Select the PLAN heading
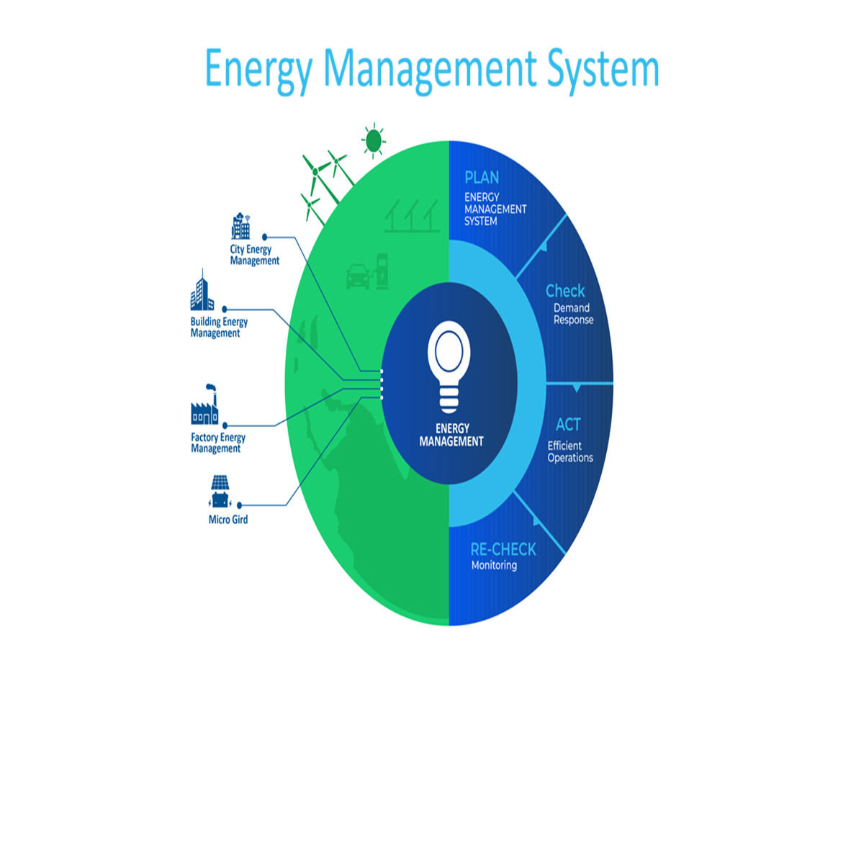pyautogui.click(x=482, y=177)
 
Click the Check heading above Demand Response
pyautogui.click(x=565, y=291)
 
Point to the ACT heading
pyautogui.click(x=568, y=424)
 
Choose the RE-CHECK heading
pyautogui.click(x=503, y=549)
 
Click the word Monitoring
pyautogui.click(x=494, y=565)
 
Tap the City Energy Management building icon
pyautogui.click(x=240, y=226)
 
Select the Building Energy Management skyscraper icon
pyautogui.click(x=202, y=290)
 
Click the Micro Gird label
pyautogui.click(x=228, y=519)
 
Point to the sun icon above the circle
pyautogui.click(x=374, y=141)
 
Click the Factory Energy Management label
pyautogui.click(x=218, y=443)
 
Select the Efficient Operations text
pyautogui.click(x=570, y=451)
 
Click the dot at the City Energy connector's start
pyautogui.click(x=265, y=237)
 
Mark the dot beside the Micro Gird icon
pyautogui.click(x=239, y=505)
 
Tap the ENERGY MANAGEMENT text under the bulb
pyautogui.click(x=451, y=435)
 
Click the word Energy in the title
pyautogui.click(x=258, y=70)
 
